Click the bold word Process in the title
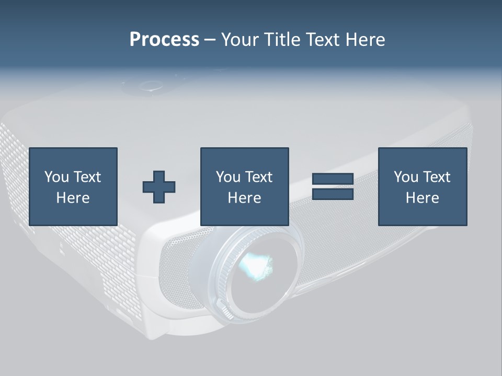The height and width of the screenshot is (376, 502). (164, 40)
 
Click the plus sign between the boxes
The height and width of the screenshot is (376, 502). (159, 187)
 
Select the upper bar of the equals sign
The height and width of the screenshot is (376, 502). (333, 179)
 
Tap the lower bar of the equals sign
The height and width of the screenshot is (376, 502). (333, 194)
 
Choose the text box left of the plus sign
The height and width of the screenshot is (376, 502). (73, 186)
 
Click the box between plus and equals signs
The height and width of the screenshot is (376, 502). (244, 186)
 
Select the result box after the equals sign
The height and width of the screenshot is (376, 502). (423, 186)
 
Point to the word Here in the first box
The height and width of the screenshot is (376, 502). (73, 198)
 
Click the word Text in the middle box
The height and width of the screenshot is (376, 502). (259, 177)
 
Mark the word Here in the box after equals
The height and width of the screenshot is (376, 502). (423, 198)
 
